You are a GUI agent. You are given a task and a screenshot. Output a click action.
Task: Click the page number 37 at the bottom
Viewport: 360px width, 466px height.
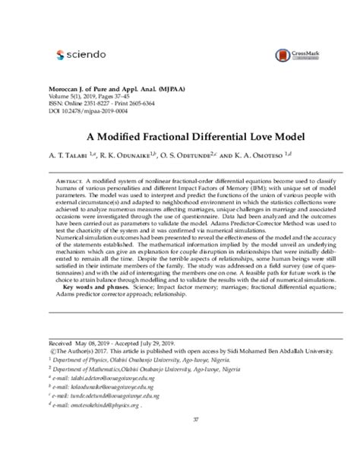[x=195, y=419]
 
